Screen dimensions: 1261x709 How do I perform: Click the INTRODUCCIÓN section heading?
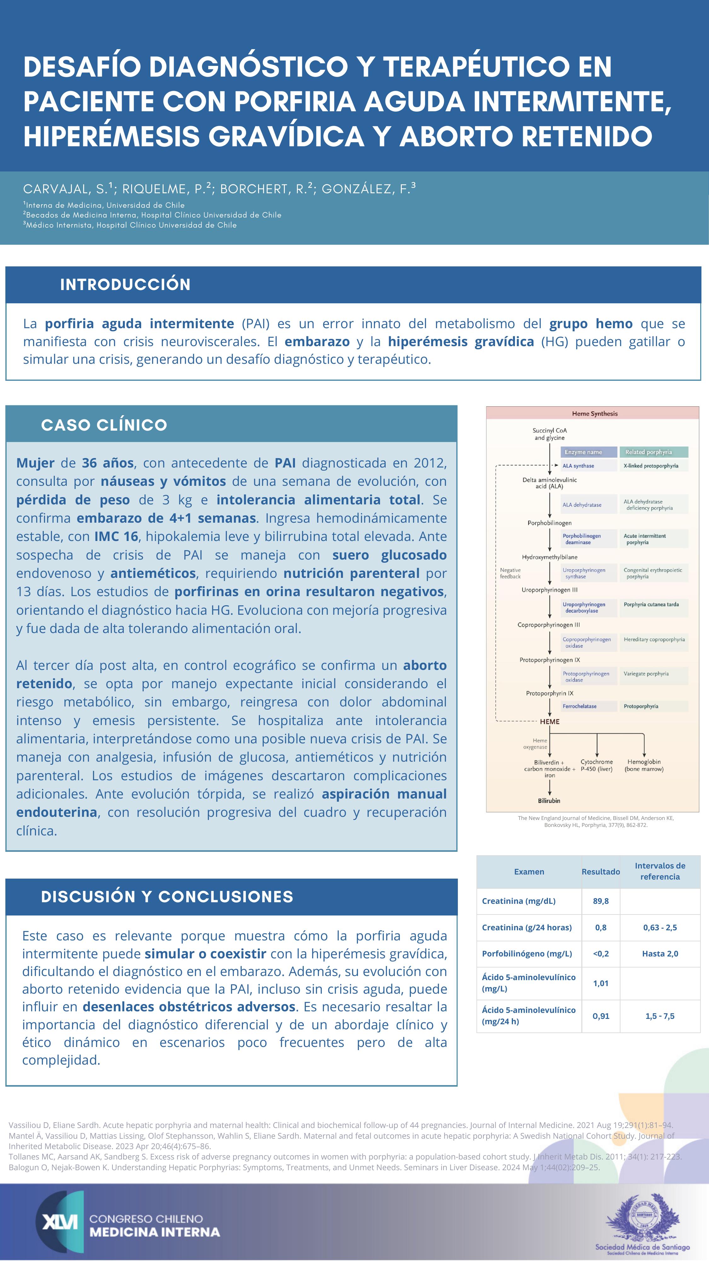click(x=125, y=284)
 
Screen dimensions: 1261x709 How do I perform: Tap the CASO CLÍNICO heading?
click(x=104, y=425)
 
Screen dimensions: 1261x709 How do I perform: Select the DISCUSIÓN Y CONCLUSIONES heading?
click(x=167, y=896)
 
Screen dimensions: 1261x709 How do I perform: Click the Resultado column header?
click(x=600, y=871)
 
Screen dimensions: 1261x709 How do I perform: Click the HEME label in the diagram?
click(x=550, y=722)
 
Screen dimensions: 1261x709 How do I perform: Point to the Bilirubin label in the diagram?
click(x=549, y=800)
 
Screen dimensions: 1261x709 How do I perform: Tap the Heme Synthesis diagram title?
click(x=595, y=414)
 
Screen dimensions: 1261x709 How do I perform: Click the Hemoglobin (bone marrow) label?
click(x=644, y=765)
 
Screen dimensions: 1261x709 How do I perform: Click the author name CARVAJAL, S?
click(x=66, y=189)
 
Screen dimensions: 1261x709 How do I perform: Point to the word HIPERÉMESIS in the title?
click(x=112, y=136)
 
